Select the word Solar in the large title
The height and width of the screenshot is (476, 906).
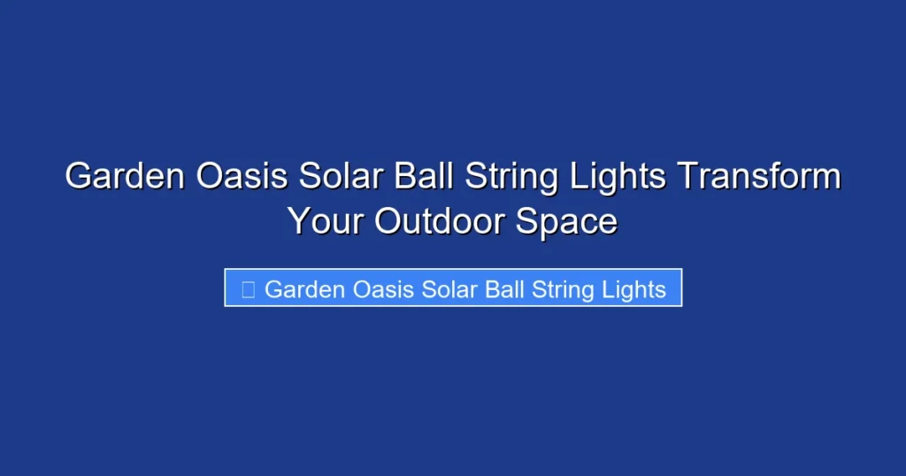tap(340, 177)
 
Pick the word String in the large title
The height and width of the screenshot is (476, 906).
tap(507, 177)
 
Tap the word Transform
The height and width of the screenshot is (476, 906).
tap(758, 177)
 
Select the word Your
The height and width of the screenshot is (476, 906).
tap(326, 221)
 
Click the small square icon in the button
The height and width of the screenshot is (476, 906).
tap(249, 289)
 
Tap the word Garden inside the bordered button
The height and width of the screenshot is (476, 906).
tap(304, 289)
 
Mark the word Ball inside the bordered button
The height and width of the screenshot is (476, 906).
tap(504, 289)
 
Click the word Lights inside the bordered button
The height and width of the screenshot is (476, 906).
tap(634, 289)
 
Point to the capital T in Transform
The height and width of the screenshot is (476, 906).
tap(687, 177)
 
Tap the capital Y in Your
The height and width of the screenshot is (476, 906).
tap(300, 221)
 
